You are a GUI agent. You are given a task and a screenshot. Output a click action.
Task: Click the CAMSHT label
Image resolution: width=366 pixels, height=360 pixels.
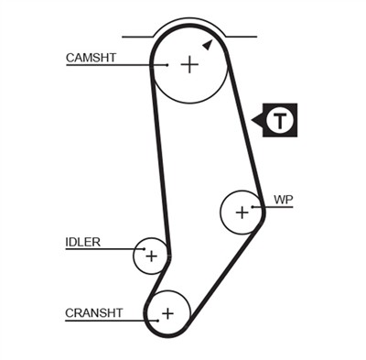(91, 57)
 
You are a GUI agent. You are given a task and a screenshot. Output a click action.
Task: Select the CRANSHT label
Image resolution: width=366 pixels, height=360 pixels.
(93, 312)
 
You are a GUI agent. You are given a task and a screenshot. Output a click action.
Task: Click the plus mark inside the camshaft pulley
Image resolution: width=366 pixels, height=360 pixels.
(188, 64)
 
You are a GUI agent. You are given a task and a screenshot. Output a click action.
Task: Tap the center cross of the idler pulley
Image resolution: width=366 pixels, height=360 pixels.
(151, 256)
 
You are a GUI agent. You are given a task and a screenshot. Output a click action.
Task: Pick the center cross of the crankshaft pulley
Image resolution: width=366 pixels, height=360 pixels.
(167, 313)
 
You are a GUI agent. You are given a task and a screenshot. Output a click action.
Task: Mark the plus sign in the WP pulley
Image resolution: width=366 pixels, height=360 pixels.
(242, 213)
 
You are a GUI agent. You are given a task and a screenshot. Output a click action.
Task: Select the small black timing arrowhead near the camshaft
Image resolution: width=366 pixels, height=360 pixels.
(208, 44)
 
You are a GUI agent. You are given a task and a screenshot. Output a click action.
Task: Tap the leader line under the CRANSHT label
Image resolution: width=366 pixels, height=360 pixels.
(105, 321)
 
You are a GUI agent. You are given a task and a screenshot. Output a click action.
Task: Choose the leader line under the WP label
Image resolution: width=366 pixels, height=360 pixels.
(279, 207)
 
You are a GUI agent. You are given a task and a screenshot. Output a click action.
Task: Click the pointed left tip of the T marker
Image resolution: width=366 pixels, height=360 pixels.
(253, 119)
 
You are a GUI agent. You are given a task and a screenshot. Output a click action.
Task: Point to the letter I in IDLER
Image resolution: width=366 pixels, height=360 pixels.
(67, 243)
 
